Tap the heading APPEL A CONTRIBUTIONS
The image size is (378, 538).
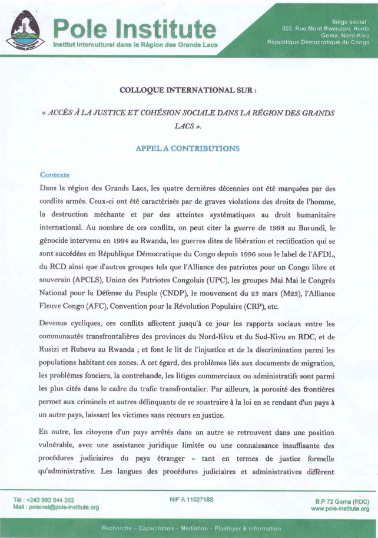pos(188,148)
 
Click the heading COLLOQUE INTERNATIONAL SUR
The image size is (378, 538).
pos(188,91)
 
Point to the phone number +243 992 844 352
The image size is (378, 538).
pos(48,500)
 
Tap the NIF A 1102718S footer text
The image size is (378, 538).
pos(191,500)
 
